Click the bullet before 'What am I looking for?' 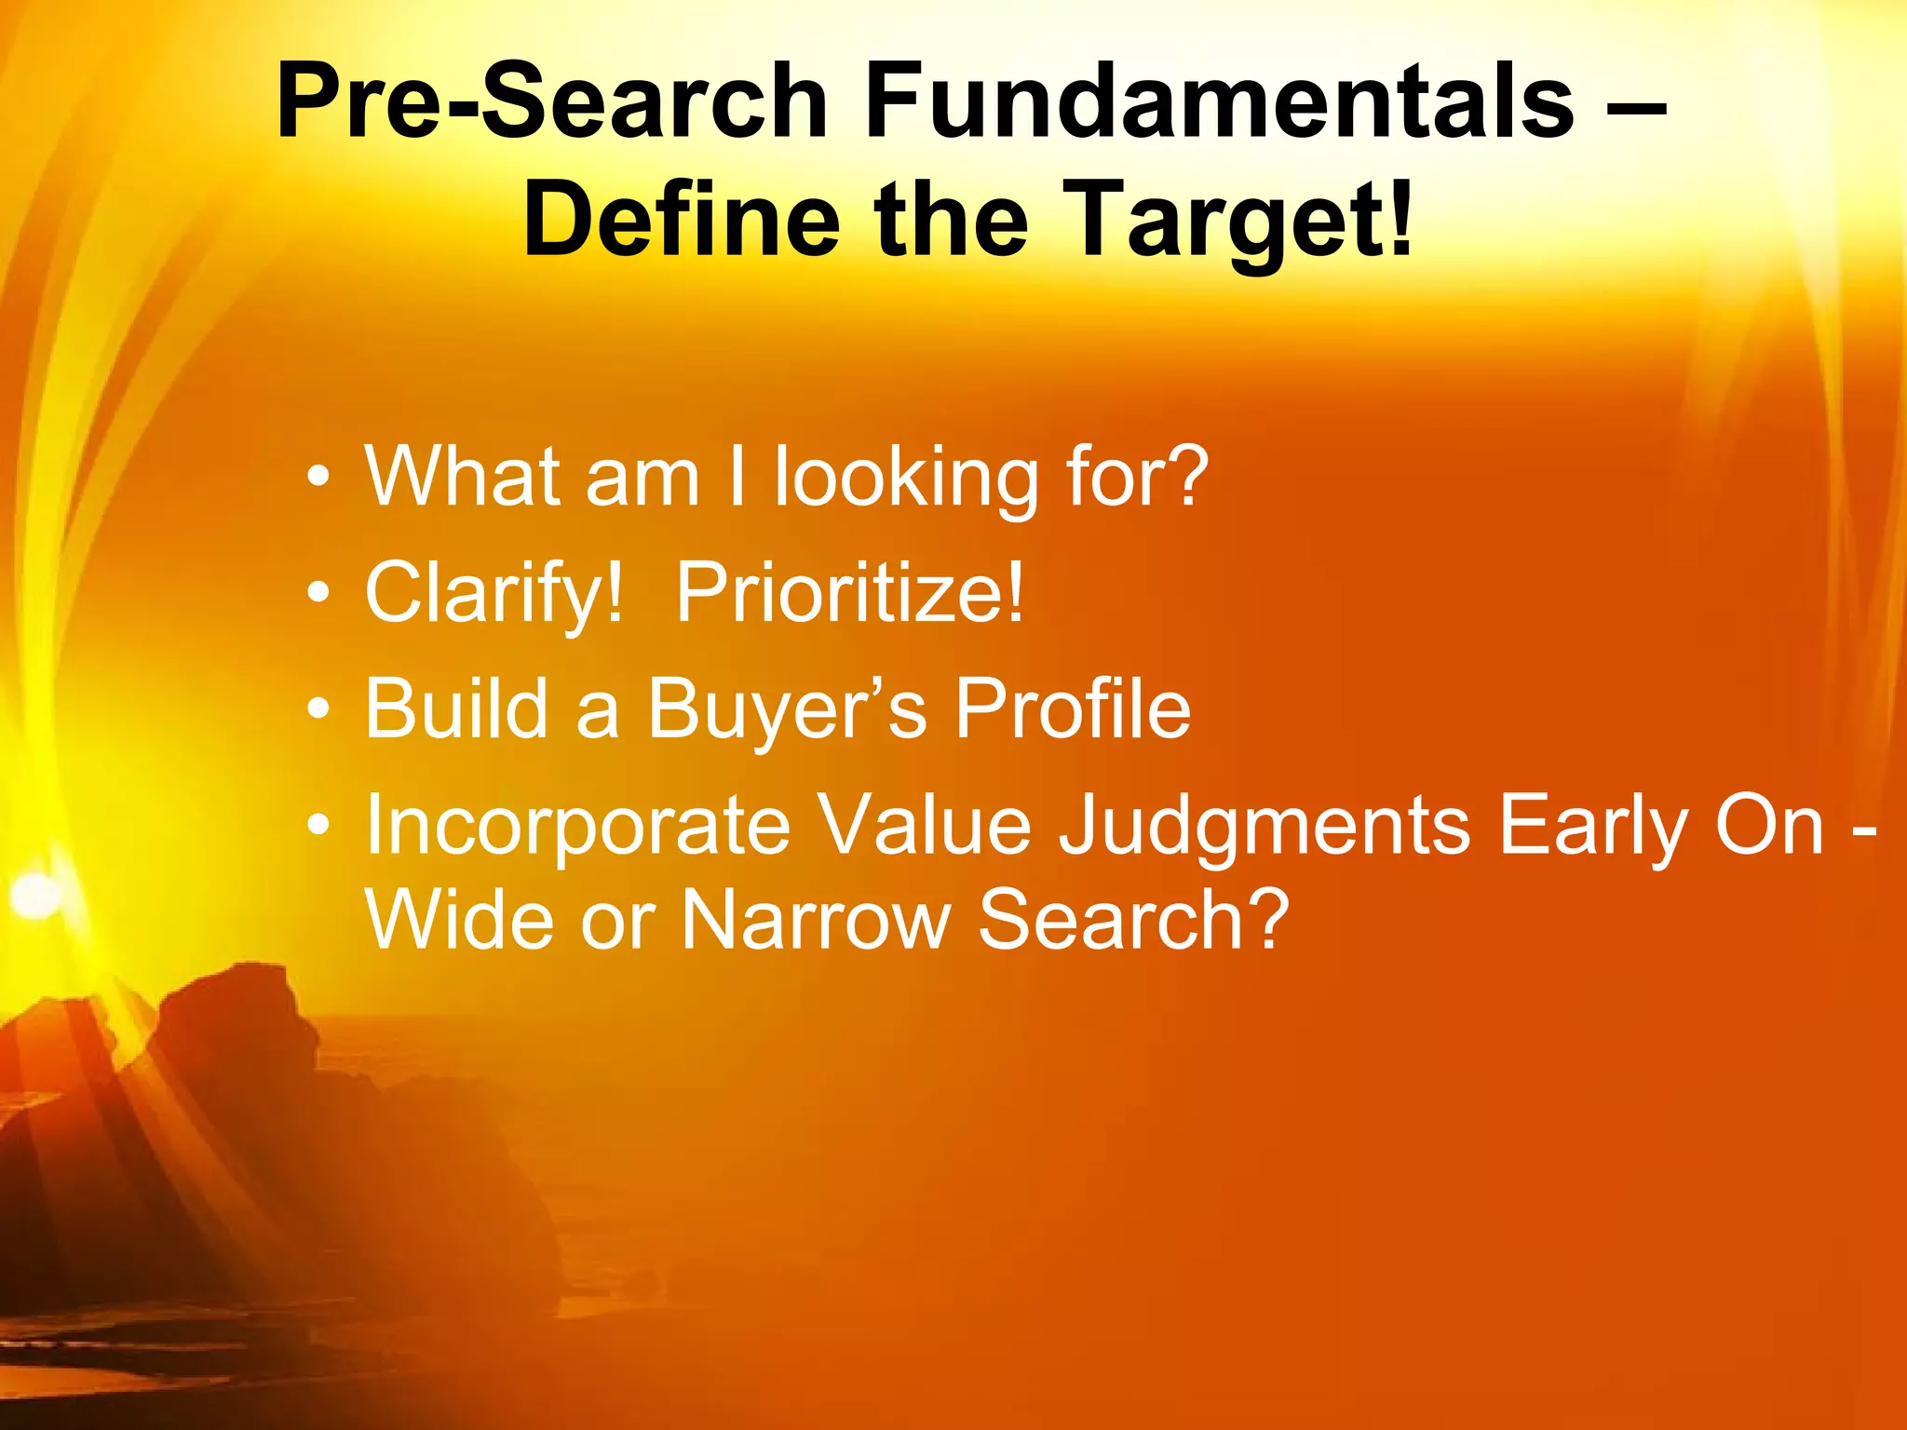pos(319,478)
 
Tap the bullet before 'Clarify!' pos(319,593)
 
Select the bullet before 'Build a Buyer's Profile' pos(319,709)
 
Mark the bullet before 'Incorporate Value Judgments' pos(319,826)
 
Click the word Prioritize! pos(849,593)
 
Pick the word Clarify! pos(494,593)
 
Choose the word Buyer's pos(787,709)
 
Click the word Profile pos(1073,709)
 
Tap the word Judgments pos(1265,826)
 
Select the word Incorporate pos(577,826)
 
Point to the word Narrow pos(816,920)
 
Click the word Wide pos(459,920)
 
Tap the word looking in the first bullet pos(906,478)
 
